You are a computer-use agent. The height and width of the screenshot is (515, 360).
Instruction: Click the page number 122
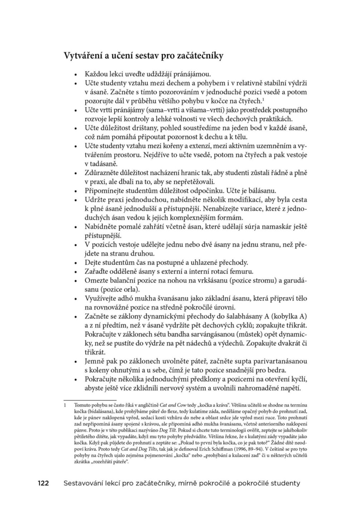coord(45,483)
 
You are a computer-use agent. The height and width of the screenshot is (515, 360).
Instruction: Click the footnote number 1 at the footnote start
coord(65,406)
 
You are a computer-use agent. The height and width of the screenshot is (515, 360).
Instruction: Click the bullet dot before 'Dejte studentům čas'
coord(75,263)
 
